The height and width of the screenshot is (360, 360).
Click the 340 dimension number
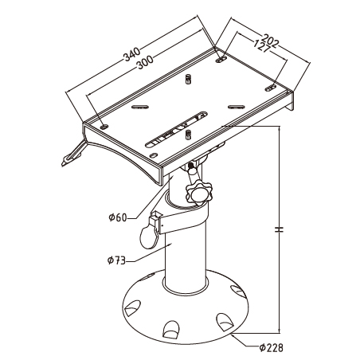pos(131,54)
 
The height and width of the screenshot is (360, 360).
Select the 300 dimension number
pos(145,62)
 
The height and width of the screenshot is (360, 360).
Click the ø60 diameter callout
pos(118,217)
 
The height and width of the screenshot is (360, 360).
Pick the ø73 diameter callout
pos(116,260)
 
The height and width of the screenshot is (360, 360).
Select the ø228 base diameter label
pos(272,347)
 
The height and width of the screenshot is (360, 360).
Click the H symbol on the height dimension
pos(279,229)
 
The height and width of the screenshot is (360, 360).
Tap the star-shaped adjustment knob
pos(199,192)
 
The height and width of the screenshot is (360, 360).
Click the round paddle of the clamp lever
pos(148,237)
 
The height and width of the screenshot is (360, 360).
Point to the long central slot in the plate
pos(176,129)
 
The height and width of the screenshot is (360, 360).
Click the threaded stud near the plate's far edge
pos(188,79)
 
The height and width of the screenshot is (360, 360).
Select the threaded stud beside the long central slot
pos(188,135)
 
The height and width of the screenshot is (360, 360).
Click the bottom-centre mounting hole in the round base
pos(171,330)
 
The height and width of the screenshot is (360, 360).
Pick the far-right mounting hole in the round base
pos(237,291)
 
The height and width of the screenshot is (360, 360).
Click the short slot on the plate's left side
pos(140,107)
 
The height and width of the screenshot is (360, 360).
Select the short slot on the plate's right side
pos(236,107)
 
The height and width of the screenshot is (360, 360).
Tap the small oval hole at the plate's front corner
pos(154,155)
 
